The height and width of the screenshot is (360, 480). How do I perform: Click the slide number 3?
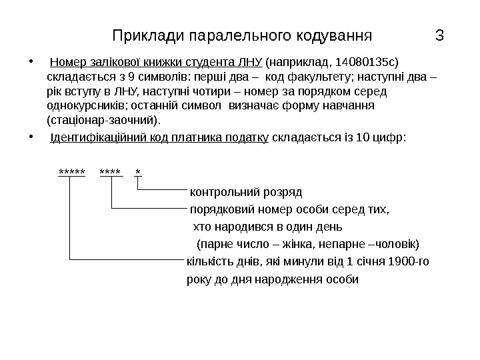tap(439, 34)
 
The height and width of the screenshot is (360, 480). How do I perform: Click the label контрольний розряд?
tap(246, 193)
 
